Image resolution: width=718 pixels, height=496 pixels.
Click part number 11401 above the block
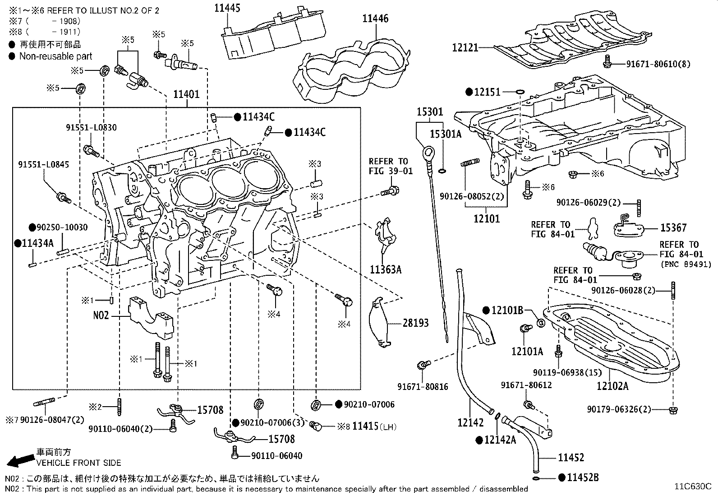coord(186,95)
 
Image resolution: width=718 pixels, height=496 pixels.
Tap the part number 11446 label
coord(375,19)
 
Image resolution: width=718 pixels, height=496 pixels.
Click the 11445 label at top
coord(227,8)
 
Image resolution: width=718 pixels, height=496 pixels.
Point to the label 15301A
coord(446,134)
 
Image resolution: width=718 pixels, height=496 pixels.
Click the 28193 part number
coord(415,323)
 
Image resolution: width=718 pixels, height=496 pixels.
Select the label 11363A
coord(385,270)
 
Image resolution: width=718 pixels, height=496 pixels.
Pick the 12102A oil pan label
coord(612,386)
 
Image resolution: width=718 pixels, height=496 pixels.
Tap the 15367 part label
coord(673,228)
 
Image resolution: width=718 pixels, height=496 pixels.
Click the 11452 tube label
coord(571,458)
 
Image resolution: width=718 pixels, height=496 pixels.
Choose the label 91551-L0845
coord(44,165)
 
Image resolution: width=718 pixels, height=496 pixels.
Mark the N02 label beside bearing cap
coord(101,315)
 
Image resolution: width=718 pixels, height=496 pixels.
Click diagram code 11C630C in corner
coord(693,486)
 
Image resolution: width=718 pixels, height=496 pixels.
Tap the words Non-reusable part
coord(55,56)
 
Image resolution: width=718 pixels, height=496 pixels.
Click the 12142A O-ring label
coord(500,440)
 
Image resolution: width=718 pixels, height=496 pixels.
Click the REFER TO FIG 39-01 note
coord(391,166)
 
